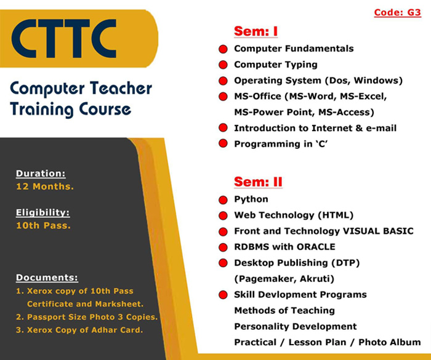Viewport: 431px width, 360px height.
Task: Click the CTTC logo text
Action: pos(64,39)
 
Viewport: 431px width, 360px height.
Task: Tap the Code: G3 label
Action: pos(398,13)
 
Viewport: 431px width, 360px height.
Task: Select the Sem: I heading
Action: pos(256,31)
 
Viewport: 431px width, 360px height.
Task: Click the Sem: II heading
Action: pos(258,182)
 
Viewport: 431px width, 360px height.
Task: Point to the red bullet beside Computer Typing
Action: pos(223,65)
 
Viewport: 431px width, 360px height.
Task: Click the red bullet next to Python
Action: pos(223,200)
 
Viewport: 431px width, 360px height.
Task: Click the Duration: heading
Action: pos(41,174)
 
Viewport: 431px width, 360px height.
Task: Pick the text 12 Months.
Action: pos(45,186)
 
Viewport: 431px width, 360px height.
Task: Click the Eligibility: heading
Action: pos(43,212)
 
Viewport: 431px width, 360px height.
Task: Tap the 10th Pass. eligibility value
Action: pos(44,226)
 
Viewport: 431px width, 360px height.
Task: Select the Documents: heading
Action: pos(47,278)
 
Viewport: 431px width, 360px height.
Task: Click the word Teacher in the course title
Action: pos(121,89)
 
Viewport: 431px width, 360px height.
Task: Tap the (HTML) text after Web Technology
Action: pos(336,215)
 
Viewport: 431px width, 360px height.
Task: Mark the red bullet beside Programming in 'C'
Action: pos(223,143)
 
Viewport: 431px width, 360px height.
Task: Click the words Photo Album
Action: pos(390,342)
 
